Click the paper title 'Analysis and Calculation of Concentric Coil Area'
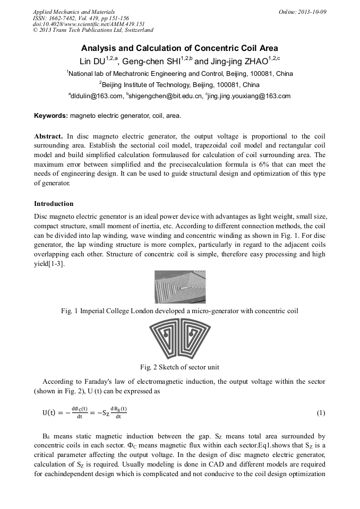coord(179,48)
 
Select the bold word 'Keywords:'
coord(51,115)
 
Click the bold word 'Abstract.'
coord(49,135)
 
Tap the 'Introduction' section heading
coord(54,204)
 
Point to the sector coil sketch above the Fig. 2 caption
coord(179,340)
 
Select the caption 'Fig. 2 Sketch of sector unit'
coord(179,367)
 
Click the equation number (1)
coord(321,413)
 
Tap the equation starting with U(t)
coord(85,413)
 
